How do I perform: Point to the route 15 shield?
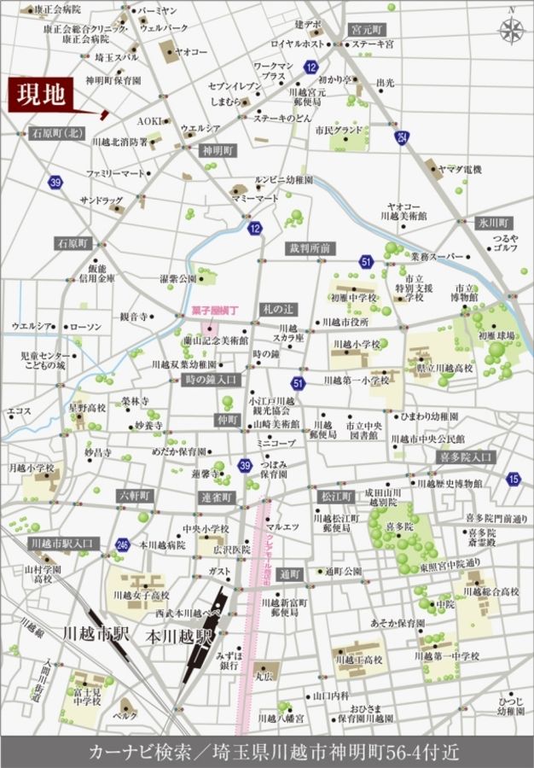pyautogui.click(x=512, y=480)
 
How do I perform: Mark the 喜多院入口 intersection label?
pyautogui.click(x=466, y=457)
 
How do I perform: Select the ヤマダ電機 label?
pyautogui.click(x=465, y=170)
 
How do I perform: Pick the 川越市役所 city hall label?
pyautogui.click(x=344, y=322)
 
